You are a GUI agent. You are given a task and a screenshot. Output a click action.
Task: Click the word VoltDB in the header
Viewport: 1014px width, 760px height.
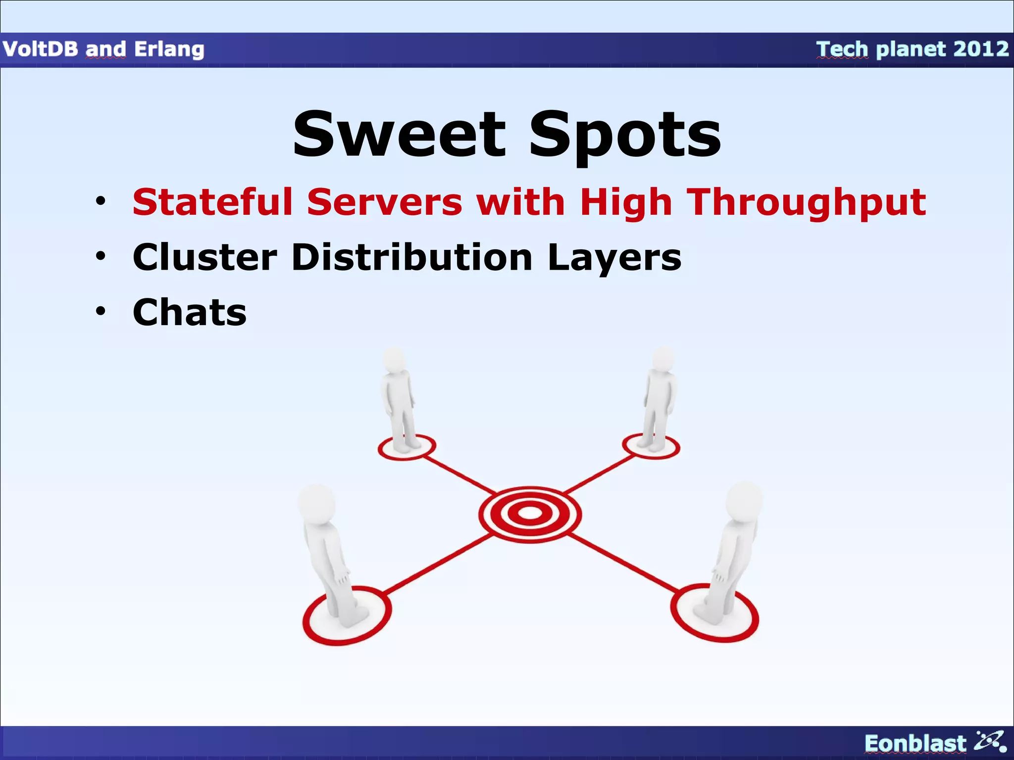(40, 49)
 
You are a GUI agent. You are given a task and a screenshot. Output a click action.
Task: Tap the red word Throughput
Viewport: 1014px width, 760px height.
(807, 203)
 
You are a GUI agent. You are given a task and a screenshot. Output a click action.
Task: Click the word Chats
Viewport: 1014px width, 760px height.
(190, 312)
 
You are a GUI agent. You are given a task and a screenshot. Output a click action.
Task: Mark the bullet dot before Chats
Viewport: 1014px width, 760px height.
(101, 311)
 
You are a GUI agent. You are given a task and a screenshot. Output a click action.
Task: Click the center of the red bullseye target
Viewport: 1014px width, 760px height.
(530, 514)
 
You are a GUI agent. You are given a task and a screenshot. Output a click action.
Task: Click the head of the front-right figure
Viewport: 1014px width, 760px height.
(744, 500)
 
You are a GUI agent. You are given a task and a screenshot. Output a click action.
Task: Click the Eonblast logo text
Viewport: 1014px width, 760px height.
(914, 743)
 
